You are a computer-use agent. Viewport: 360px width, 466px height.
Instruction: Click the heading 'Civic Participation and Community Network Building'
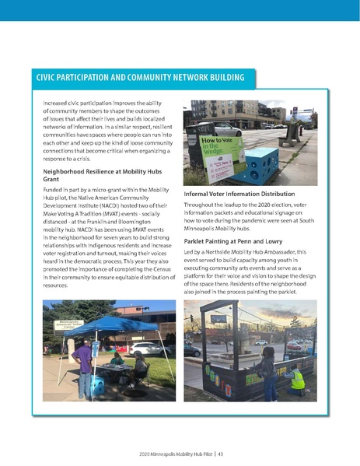tap(140, 78)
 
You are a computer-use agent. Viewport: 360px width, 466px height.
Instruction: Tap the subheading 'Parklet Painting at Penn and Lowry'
tap(234, 240)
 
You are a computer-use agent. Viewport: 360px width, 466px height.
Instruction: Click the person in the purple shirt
tap(85, 365)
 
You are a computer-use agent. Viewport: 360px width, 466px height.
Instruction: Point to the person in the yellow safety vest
tap(296, 379)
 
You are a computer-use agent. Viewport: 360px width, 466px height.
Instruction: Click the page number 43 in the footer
tap(221, 453)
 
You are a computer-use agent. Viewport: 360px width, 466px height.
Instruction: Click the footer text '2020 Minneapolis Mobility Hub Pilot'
tap(173, 453)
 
